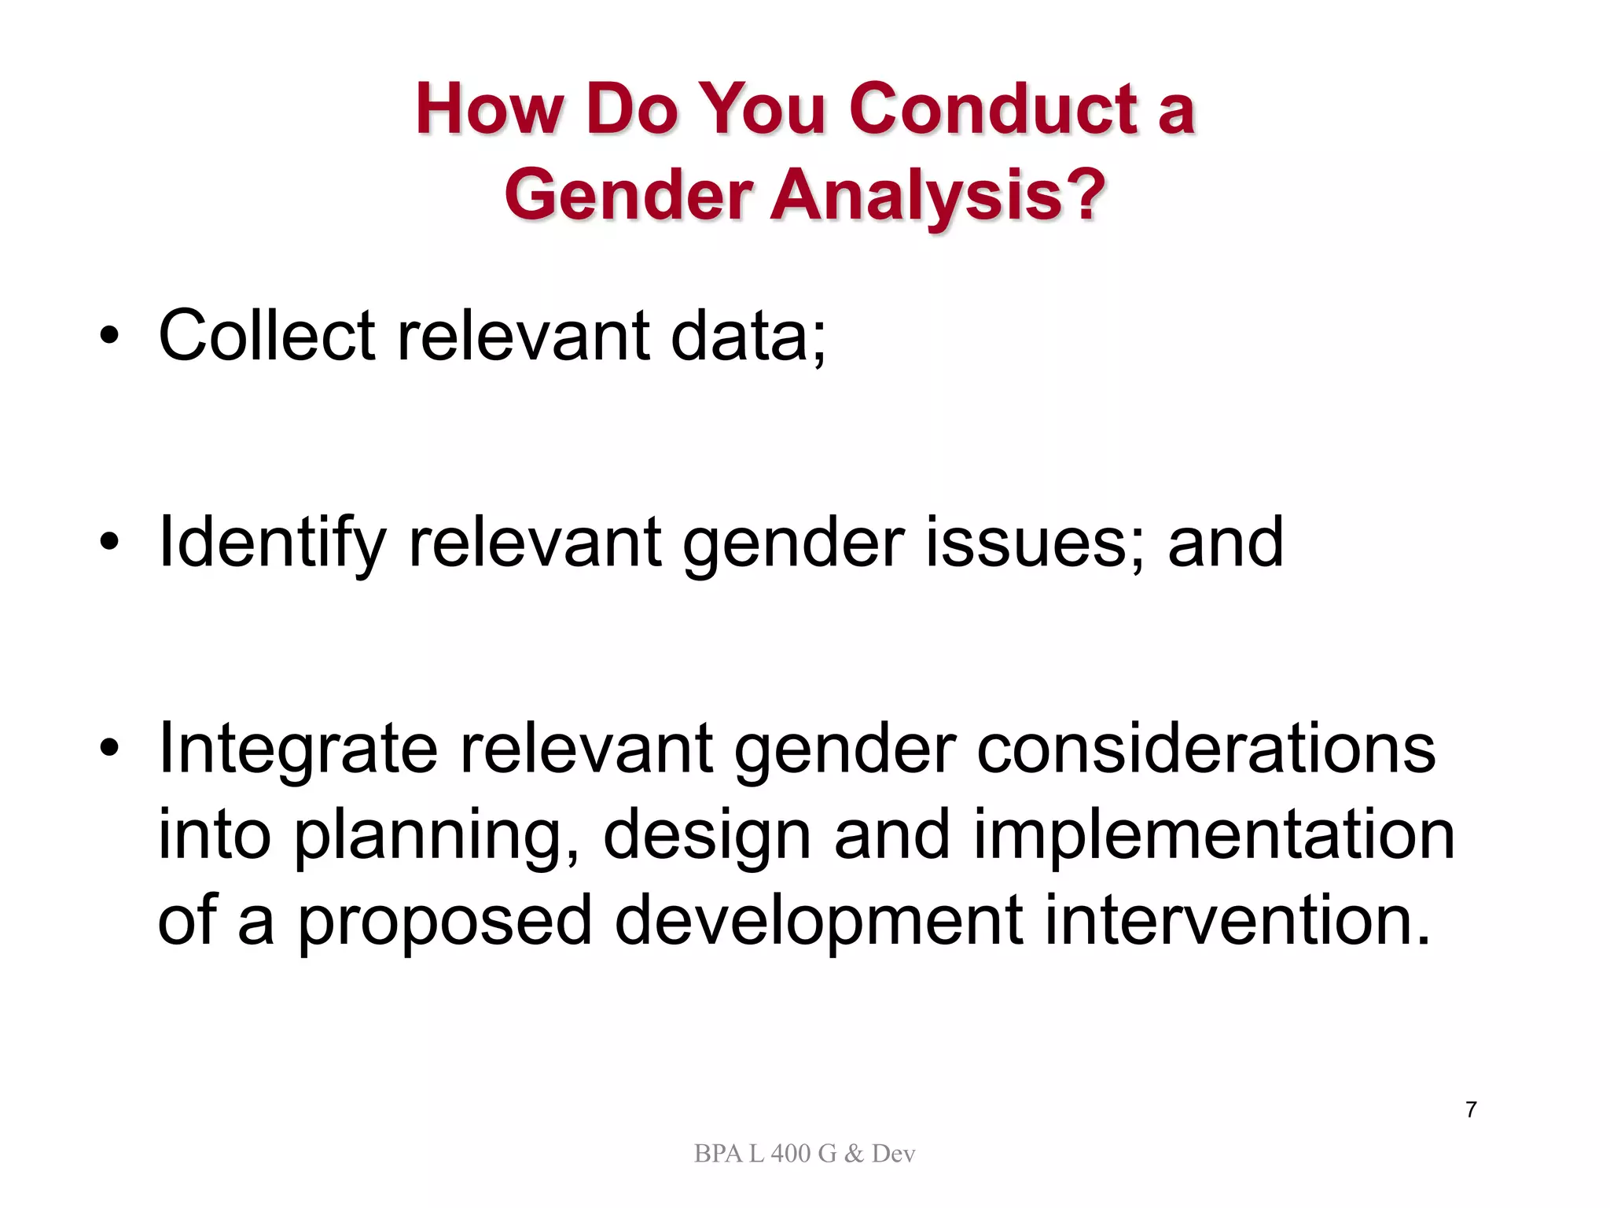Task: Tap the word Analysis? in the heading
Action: tap(937, 194)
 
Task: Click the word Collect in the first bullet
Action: tap(266, 336)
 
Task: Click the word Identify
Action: tap(272, 543)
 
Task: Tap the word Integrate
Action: tap(298, 749)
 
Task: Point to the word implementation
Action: tap(1214, 834)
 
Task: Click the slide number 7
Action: tap(1471, 1110)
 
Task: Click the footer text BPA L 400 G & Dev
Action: tap(804, 1154)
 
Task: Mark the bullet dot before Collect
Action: tap(109, 338)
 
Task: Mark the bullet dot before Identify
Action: tap(109, 542)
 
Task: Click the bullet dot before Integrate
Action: tap(109, 749)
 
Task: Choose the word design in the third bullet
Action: tap(707, 836)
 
